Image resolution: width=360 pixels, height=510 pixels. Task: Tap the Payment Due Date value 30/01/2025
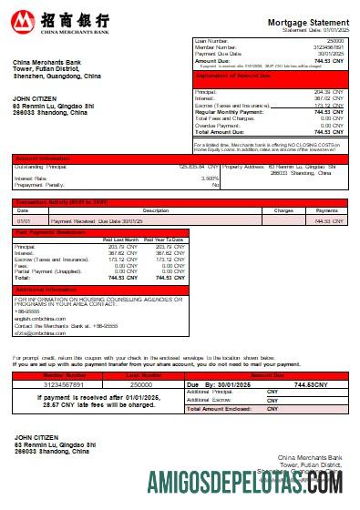330,53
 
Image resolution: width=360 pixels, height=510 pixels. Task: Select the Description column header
130,210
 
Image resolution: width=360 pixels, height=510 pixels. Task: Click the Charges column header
283,210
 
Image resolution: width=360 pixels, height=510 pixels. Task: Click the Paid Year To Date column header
164,239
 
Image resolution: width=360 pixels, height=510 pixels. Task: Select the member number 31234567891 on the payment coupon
53,385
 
